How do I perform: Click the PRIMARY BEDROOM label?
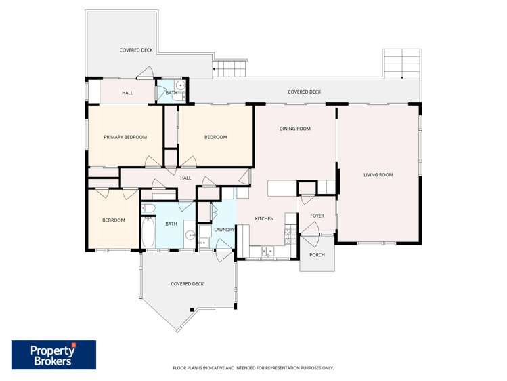[x=125, y=137]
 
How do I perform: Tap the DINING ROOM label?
[x=294, y=128]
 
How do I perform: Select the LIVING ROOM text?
[x=378, y=175]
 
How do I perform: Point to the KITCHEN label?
[x=264, y=218]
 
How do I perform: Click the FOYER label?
[x=317, y=216]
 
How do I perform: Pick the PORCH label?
[x=317, y=255]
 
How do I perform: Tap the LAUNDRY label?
[x=224, y=230]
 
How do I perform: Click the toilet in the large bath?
[x=203, y=241]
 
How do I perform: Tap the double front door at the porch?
[x=312, y=240]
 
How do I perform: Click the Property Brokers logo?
[x=53, y=355]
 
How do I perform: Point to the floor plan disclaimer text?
[x=253, y=368]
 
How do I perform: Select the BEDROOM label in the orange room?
[x=113, y=220]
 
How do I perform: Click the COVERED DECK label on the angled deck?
[x=187, y=284]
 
